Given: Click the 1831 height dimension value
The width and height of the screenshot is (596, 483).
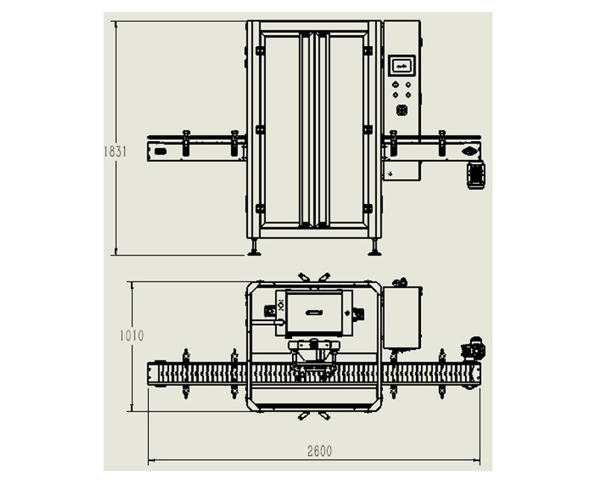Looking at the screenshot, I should [x=115, y=151].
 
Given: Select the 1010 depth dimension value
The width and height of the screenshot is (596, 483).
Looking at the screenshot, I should [x=132, y=336].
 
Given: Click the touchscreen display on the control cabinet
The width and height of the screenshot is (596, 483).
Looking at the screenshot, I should [x=402, y=66].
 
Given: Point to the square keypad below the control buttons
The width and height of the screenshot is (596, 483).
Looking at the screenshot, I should [x=402, y=110].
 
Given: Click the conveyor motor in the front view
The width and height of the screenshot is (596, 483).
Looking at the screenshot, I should [x=475, y=174].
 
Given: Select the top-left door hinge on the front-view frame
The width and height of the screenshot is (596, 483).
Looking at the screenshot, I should [x=260, y=50].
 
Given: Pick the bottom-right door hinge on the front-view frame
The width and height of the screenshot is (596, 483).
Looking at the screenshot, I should [x=367, y=209].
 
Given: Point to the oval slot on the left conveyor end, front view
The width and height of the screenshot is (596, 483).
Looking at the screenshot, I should [x=160, y=152].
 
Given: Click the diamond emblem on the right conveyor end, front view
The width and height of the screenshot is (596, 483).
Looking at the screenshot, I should [x=470, y=151].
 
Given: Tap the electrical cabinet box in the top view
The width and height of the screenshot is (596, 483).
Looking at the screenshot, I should [x=402, y=317].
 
